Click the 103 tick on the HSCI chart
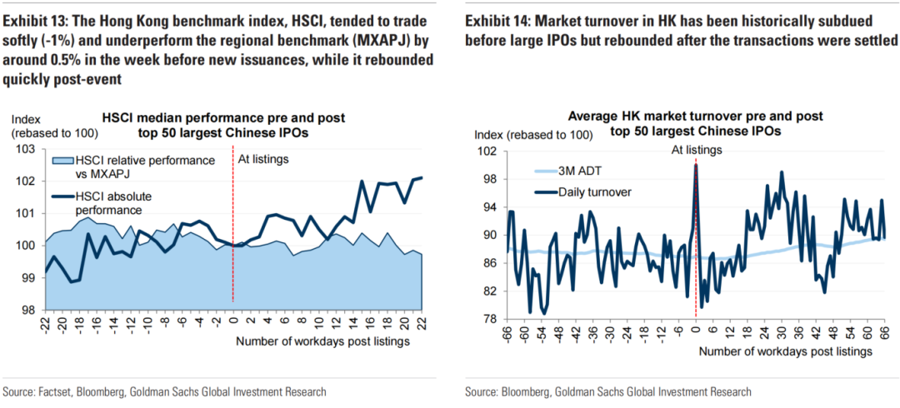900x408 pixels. pos(24,150)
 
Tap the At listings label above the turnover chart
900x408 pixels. pos(697,149)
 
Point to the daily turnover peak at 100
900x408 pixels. pos(695,166)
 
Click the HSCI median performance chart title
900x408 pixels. pos(222,125)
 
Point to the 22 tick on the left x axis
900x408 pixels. pos(421,325)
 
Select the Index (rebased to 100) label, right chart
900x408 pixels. pos(533,134)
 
